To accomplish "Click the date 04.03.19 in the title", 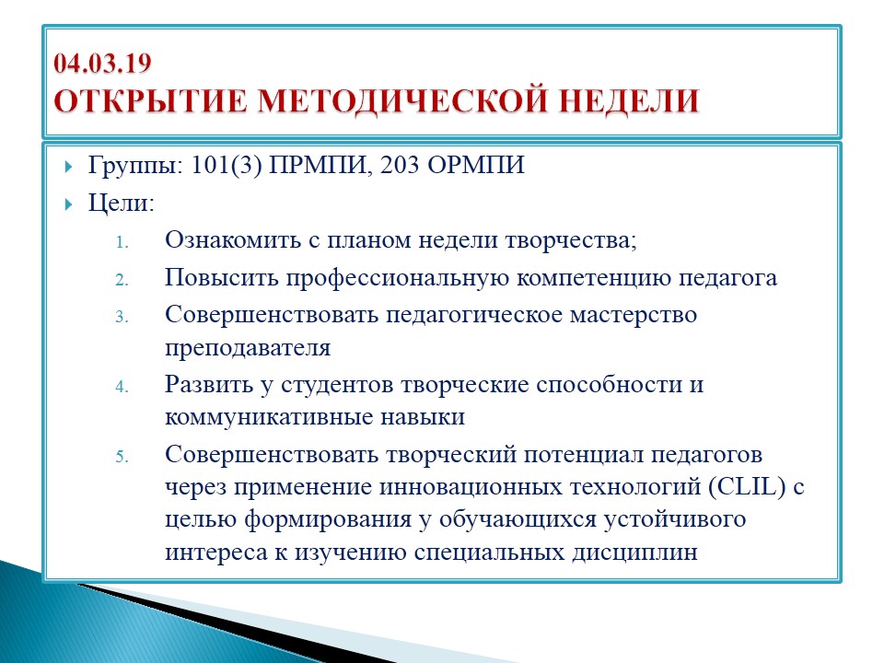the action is click(x=102, y=63).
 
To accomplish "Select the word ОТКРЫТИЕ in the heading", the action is click(x=150, y=101).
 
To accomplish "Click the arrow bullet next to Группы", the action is click(x=69, y=167).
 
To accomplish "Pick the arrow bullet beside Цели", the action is click(x=69, y=204).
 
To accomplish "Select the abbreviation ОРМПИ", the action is click(x=476, y=165).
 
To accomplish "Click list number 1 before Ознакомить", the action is click(x=122, y=242).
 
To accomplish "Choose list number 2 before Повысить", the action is click(x=122, y=280).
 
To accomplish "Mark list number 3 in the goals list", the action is click(x=122, y=317).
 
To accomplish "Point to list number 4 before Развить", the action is click(x=122, y=387).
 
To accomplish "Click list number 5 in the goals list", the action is click(x=122, y=457).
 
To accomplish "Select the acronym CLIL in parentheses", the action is click(x=748, y=486).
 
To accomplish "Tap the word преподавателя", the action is click(x=248, y=348).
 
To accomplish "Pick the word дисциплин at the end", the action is click(x=634, y=552).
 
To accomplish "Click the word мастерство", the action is click(x=634, y=315).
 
